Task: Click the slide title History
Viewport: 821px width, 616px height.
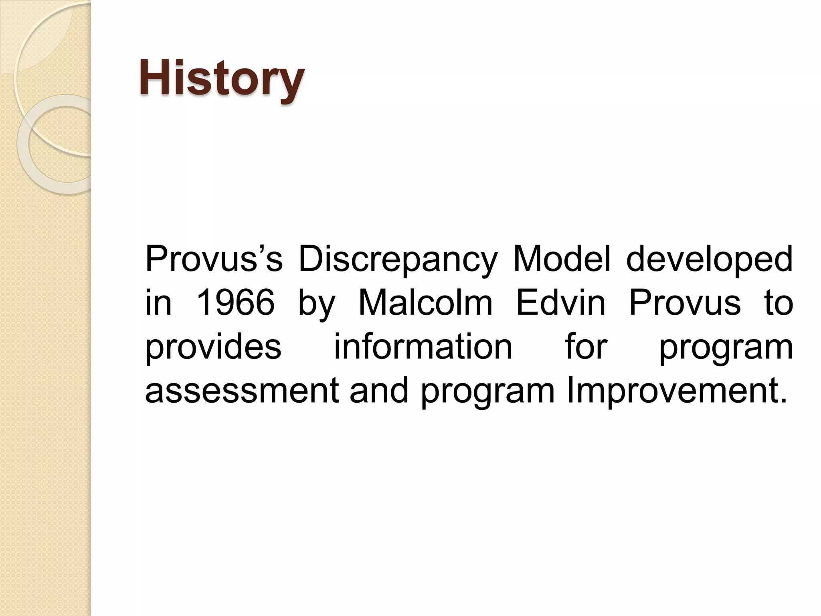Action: pos(222,78)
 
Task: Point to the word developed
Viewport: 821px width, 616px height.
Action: pos(709,260)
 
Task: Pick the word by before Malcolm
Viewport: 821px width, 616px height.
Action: pos(316,304)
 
